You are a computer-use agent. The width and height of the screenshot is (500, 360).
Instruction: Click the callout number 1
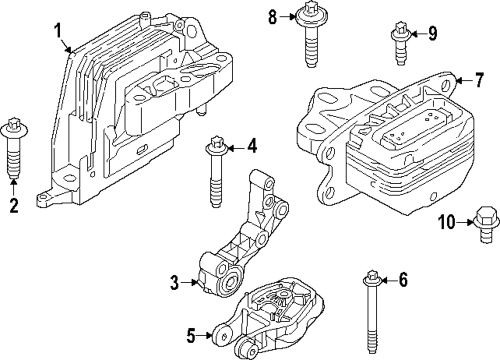pos(58,31)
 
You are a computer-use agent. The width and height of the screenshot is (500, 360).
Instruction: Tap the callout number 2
pos(13,205)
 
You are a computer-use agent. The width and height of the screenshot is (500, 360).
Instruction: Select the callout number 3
pos(174,283)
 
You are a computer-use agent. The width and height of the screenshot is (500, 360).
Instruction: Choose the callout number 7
pos(479,80)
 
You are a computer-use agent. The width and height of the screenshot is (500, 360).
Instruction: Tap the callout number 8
pos(272,17)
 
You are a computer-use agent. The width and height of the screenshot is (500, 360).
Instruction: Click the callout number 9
pos(431,33)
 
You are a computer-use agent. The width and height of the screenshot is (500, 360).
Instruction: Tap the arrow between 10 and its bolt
pos(465,221)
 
